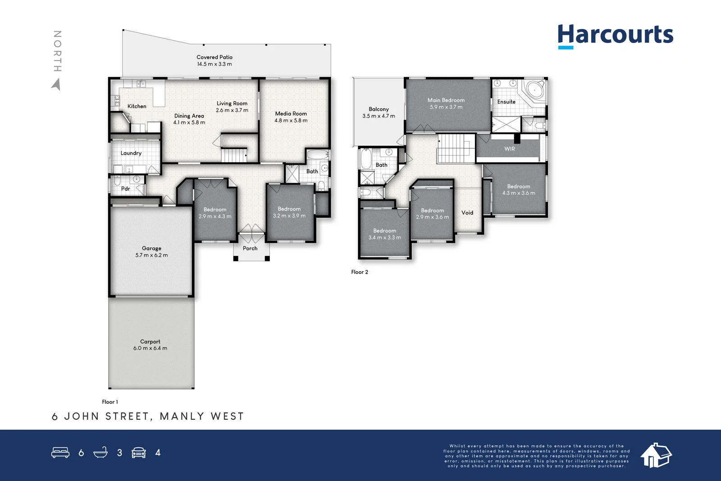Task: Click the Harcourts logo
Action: click(x=615, y=36)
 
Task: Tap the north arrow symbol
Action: click(x=56, y=84)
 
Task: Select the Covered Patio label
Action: click(x=214, y=57)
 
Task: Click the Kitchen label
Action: click(x=137, y=106)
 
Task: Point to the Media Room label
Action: click(x=291, y=114)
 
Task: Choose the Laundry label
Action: click(x=131, y=153)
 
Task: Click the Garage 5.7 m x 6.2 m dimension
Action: click(x=151, y=255)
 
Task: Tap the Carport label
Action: click(x=150, y=342)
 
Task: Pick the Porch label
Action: click(x=250, y=248)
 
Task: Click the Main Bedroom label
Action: click(x=446, y=100)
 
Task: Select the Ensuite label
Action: click(x=507, y=102)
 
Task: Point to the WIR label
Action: click(x=510, y=149)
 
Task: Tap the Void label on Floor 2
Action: click(x=467, y=213)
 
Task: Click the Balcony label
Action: click(x=379, y=109)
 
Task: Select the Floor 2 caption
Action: click(x=360, y=272)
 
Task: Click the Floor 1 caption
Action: click(x=110, y=402)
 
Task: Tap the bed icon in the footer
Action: click(x=60, y=453)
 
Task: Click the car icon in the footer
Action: click(x=139, y=453)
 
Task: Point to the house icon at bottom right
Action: click(x=656, y=455)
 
